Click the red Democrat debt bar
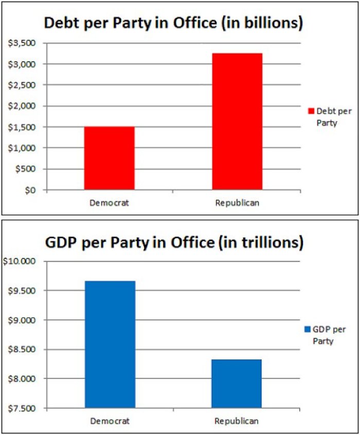coord(110,158)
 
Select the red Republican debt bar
coord(237,121)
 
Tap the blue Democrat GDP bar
coord(110,345)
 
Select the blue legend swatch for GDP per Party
coord(308,329)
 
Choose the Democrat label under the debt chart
coord(109,203)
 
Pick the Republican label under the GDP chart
coord(237,421)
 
